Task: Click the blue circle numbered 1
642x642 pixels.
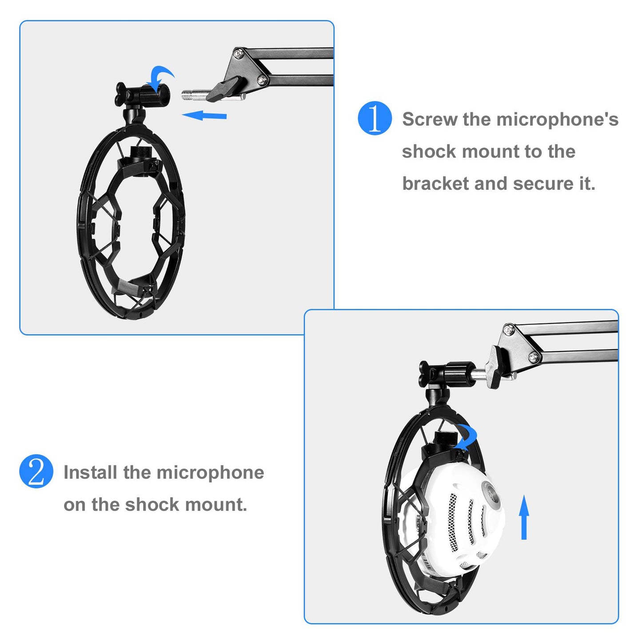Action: click(375, 118)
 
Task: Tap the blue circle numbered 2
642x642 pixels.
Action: click(36, 471)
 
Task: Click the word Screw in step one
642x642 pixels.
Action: click(430, 120)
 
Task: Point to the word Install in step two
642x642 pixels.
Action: click(91, 472)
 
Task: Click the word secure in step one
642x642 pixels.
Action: click(543, 183)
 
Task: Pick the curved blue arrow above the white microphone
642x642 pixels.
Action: click(467, 437)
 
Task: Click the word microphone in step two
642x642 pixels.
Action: click(210, 472)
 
